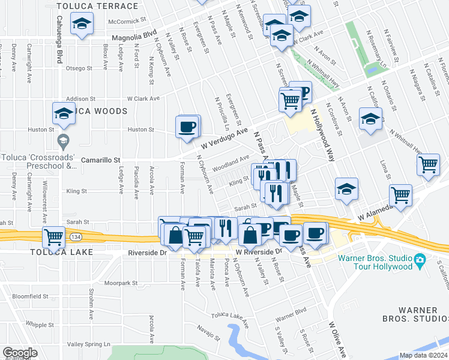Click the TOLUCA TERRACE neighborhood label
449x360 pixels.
point(97,7)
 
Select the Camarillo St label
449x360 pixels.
point(101,160)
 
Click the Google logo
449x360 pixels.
point(20,352)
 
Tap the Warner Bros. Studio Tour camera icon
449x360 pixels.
point(420,260)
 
